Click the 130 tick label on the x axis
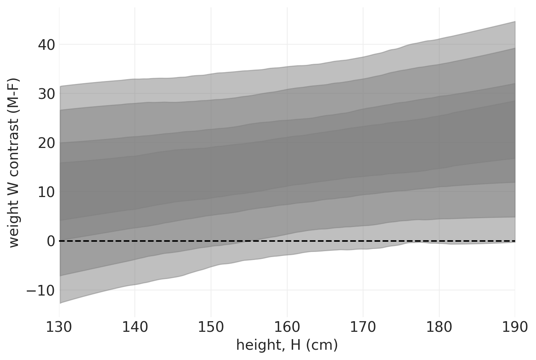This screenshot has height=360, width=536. [59, 327]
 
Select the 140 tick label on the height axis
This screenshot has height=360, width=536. [135, 327]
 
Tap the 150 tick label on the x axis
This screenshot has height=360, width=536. [211, 327]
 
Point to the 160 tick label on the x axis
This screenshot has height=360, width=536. [287, 327]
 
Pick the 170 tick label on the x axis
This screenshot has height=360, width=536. [363, 327]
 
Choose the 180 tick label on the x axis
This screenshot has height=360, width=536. [439, 327]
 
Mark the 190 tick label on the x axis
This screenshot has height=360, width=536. [515, 327]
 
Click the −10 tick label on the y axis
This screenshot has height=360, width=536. [40, 291]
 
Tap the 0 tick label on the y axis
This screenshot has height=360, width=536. [51, 241]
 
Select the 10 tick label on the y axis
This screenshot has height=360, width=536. [46, 192]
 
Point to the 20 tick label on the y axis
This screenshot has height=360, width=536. [46, 143]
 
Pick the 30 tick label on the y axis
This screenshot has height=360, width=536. [46, 94]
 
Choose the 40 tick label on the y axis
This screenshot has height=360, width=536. [46, 45]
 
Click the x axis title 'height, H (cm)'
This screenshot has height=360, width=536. [287, 345]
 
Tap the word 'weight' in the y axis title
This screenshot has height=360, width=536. [14, 228]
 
